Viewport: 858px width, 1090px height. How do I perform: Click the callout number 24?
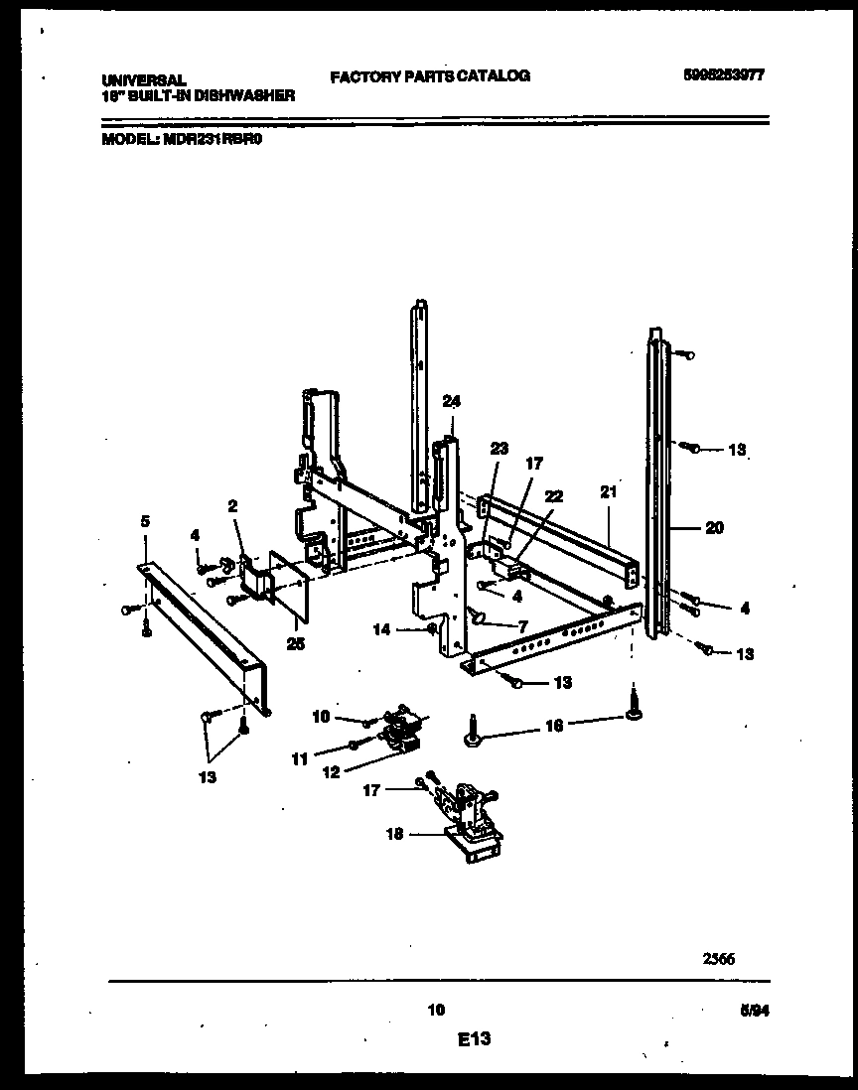click(452, 402)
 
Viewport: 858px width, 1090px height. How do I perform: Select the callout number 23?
click(499, 449)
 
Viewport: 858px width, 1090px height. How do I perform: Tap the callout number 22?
click(554, 495)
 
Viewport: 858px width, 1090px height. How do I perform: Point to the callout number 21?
click(608, 491)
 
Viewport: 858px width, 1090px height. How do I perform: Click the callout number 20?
click(714, 528)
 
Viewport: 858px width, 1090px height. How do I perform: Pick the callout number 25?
click(294, 643)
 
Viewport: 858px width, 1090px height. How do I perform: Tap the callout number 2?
click(232, 505)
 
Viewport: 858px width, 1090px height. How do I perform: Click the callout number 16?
click(554, 726)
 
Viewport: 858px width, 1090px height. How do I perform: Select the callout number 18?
click(395, 834)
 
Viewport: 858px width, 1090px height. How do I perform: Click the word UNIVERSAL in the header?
click(144, 80)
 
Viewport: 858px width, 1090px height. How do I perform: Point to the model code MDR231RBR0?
click(213, 140)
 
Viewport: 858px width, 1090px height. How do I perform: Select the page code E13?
click(475, 1039)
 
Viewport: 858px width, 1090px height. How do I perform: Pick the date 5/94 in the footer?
click(755, 1012)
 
